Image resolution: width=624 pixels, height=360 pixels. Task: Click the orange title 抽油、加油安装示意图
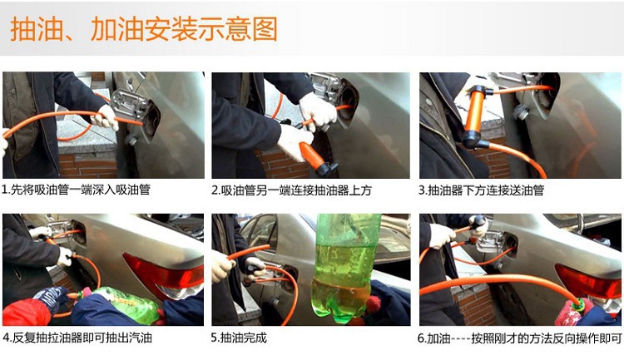pos(144,29)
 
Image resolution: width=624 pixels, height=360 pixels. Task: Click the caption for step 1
pos(76,190)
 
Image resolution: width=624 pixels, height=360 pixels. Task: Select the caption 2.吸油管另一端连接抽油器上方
pos(291,190)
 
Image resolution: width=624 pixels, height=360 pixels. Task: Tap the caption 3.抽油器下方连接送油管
pos(481,190)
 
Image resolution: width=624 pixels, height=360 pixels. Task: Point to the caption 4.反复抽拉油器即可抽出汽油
pos(77,338)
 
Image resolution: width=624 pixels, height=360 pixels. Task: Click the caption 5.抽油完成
pos(239,338)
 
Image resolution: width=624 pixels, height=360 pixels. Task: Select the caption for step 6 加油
pos(520,338)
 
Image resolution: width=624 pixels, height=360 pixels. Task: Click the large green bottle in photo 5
pos(345,269)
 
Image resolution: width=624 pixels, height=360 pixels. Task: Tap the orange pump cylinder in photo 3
pos(474,112)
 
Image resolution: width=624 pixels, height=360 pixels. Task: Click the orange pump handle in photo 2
pos(311,155)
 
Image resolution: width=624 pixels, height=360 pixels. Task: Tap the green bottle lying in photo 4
pos(127,304)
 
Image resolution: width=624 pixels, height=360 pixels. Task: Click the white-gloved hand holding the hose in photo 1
pos(106,117)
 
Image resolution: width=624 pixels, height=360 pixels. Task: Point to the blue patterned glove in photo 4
pos(51,298)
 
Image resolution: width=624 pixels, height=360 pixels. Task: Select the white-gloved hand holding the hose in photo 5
pos(221,266)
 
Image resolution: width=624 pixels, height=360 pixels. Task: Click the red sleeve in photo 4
pos(27,313)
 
